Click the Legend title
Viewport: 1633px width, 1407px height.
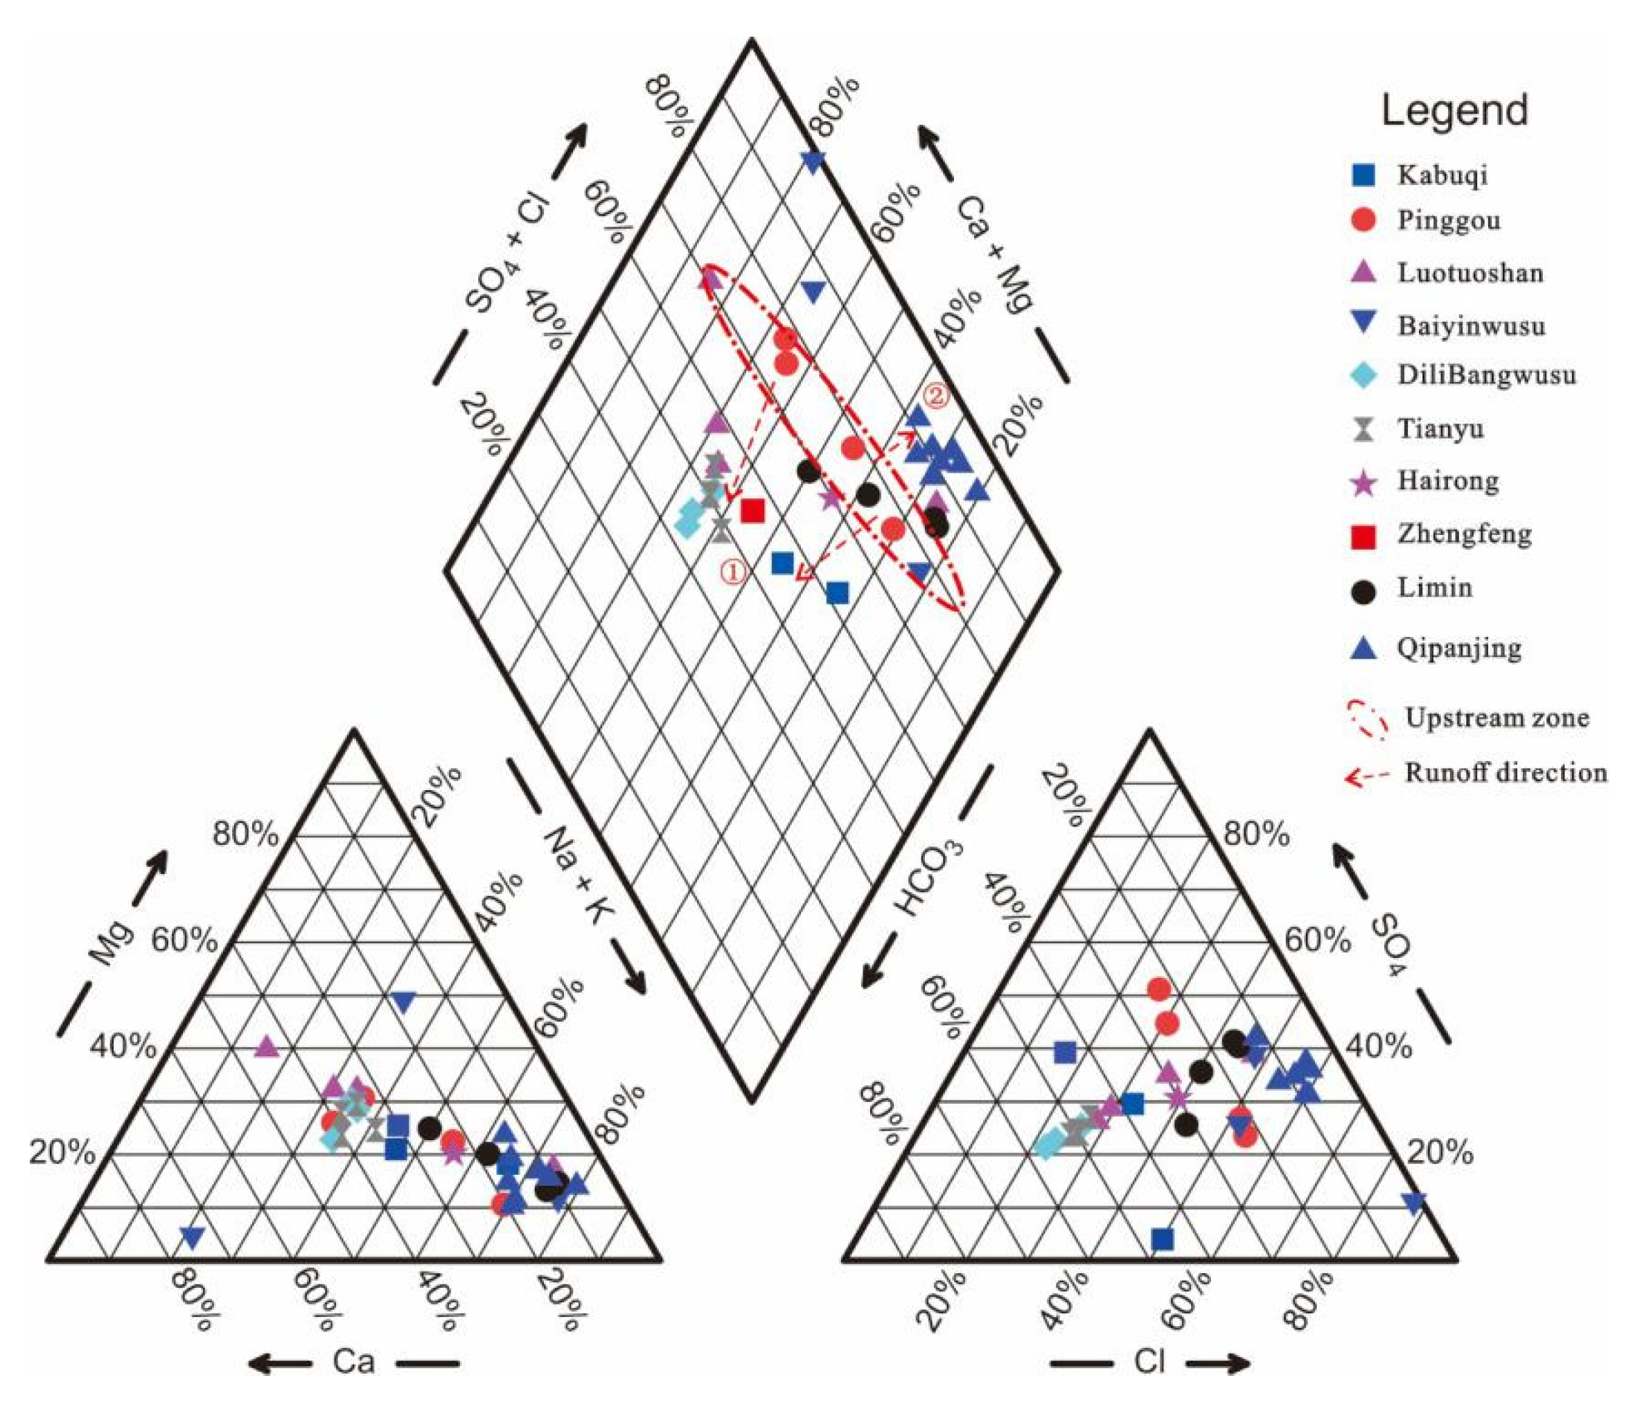1454,110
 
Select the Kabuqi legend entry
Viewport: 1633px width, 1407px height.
1442,174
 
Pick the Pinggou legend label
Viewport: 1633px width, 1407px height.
1449,220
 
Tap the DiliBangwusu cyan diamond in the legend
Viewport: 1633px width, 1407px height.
1363,375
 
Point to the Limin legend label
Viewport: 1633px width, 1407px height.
1434,587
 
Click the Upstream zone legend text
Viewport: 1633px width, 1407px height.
1497,718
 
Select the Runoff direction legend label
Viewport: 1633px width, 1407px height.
1506,773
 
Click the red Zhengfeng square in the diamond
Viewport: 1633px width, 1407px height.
752,511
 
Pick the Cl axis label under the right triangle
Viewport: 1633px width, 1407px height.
1148,1362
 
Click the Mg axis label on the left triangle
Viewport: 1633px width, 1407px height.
110,943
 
